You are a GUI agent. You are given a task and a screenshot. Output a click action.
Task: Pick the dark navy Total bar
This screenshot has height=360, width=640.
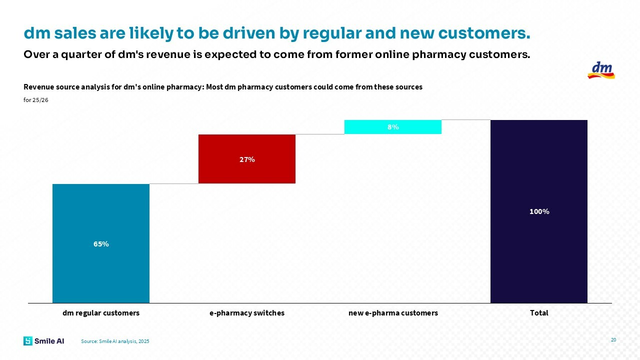pos(538,250)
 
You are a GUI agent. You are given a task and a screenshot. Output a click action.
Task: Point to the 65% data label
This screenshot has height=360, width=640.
pos(100,244)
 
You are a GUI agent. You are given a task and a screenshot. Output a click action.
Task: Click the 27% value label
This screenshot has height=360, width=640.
pos(246,159)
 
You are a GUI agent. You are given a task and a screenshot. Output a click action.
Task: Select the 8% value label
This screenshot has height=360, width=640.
pos(393,127)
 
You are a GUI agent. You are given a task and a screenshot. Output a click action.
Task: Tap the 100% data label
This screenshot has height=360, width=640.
pos(539,211)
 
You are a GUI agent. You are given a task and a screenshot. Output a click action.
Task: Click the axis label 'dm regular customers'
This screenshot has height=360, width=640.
pos(100,313)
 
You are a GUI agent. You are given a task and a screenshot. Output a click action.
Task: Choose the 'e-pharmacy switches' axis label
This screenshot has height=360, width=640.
pos(246,313)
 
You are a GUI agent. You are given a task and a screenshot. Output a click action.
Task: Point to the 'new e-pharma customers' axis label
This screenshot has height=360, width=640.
pos(393,313)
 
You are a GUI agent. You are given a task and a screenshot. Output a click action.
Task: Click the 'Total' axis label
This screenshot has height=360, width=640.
pos(539,313)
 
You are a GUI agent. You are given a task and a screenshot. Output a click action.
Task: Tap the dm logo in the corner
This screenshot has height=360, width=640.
pos(601,70)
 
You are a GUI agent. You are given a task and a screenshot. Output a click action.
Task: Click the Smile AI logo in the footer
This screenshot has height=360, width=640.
pos(43,341)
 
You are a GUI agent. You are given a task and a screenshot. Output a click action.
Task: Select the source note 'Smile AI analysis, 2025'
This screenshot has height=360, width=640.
pos(115,341)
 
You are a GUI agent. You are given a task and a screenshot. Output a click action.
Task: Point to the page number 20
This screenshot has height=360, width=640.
pos(613,340)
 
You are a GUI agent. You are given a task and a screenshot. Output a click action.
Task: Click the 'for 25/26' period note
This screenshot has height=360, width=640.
pos(36,100)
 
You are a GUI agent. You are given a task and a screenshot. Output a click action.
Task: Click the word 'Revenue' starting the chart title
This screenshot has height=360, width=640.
pos(37,87)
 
